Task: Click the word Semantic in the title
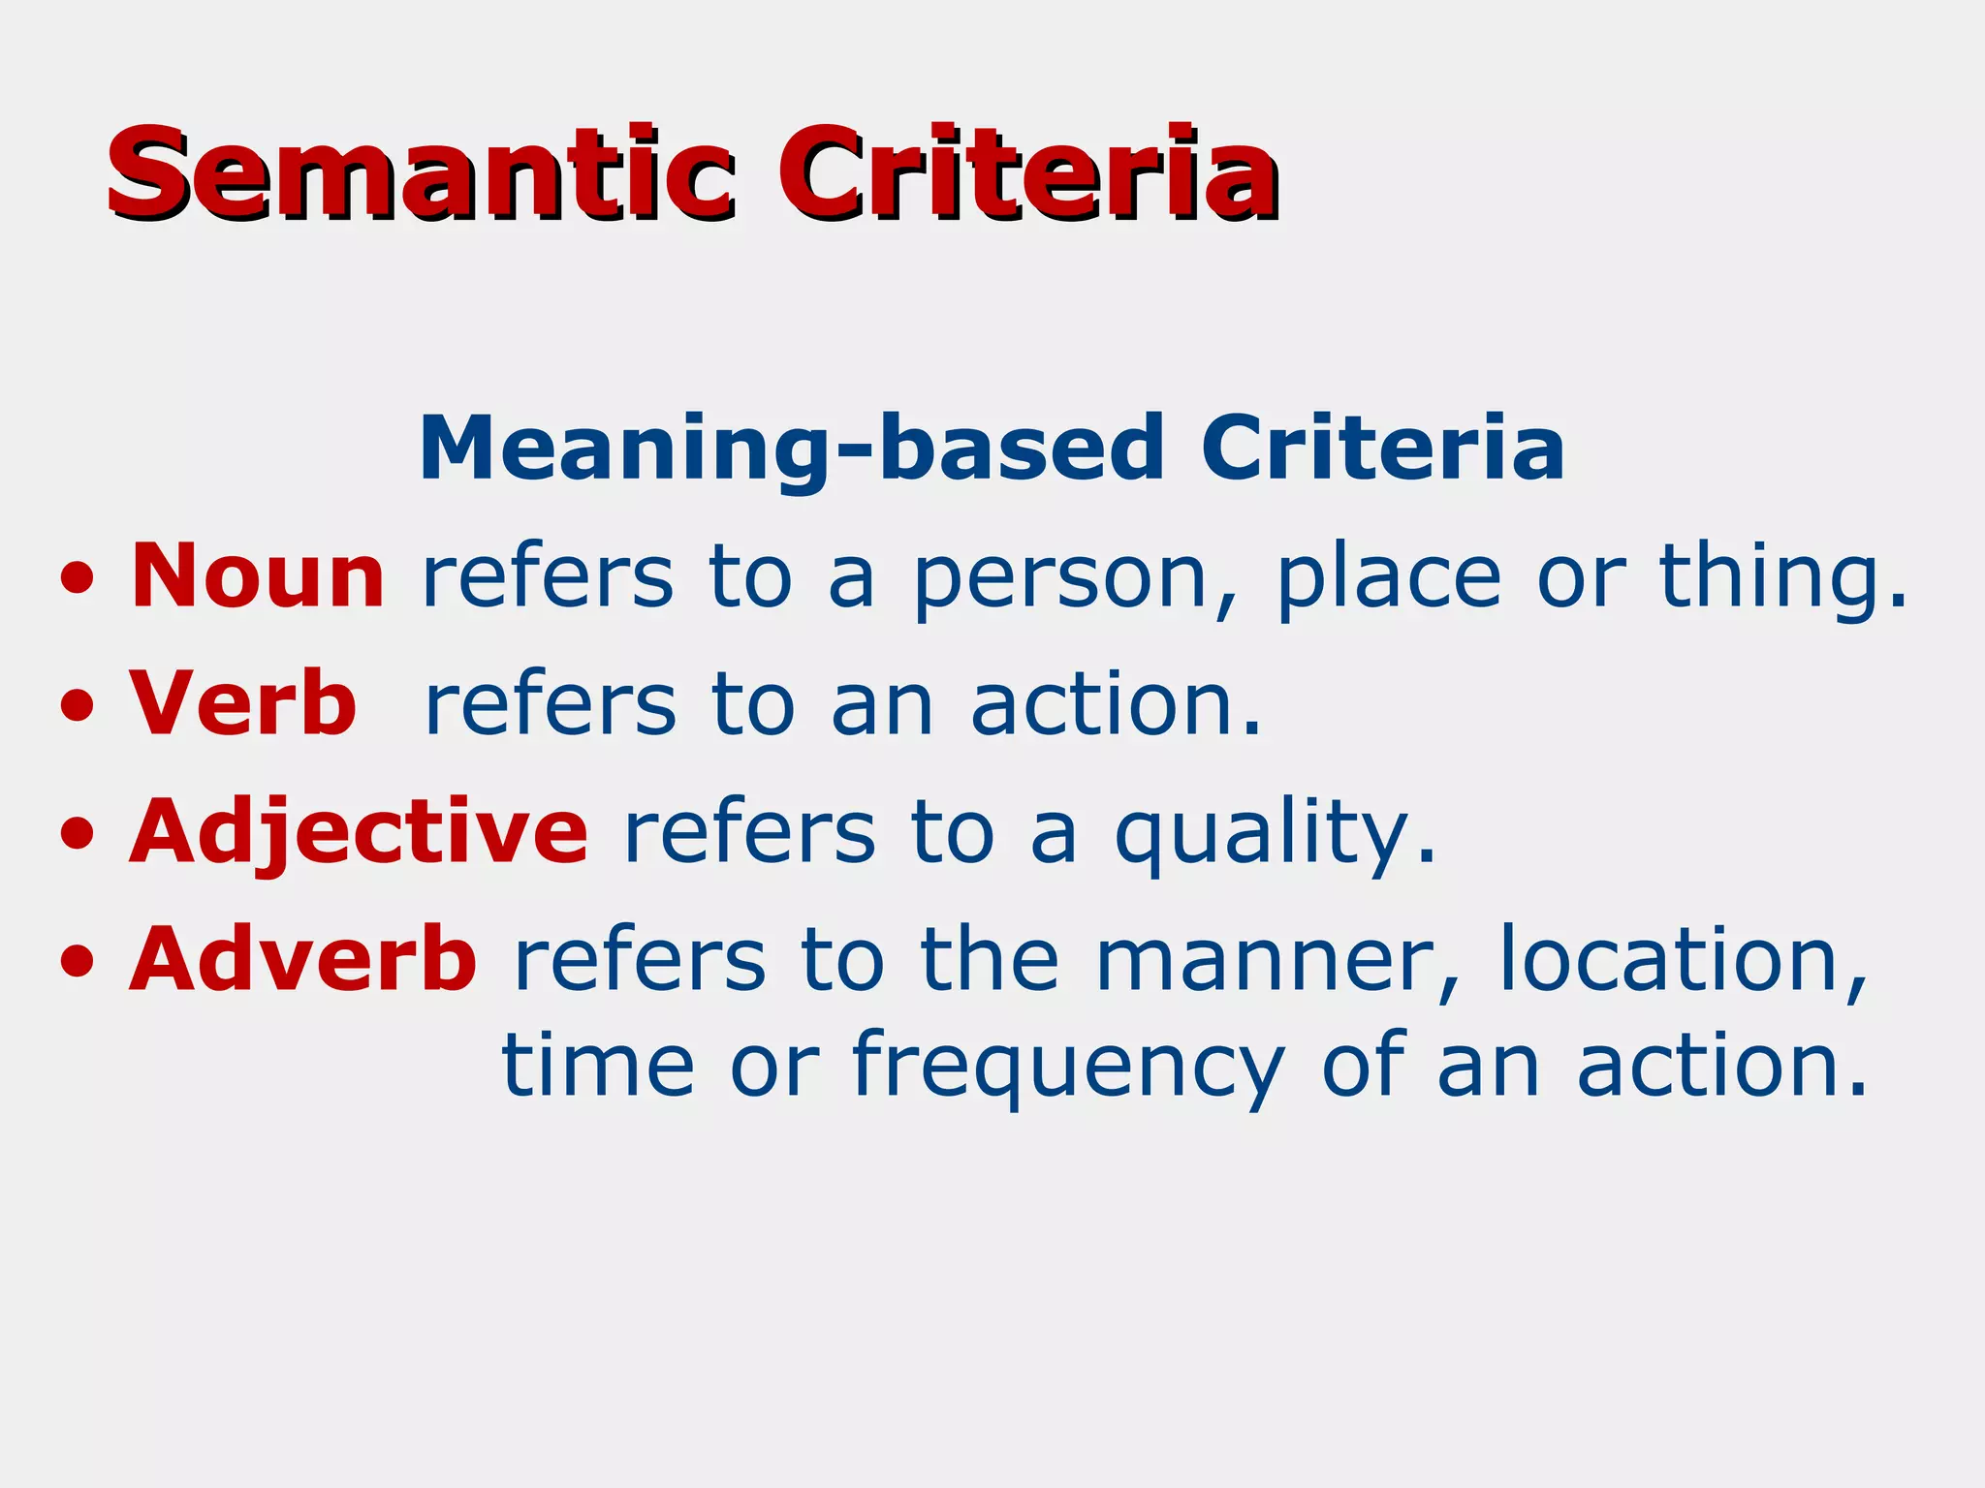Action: point(422,174)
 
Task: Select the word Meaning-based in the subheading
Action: point(791,448)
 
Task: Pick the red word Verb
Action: point(243,704)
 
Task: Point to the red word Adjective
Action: point(359,833)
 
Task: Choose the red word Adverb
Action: point(303,959)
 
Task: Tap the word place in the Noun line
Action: point(1389,578)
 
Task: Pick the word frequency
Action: point(1068,1068)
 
